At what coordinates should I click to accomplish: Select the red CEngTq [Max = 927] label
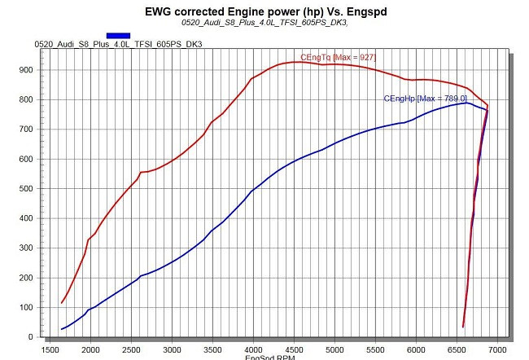click(339, 57)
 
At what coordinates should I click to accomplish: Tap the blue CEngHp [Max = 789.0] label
click(425, 98)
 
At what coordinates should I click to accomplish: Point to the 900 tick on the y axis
click(28, 70)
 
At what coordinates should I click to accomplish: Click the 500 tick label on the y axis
click(28, 189)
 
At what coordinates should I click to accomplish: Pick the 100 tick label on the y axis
click(28, 308)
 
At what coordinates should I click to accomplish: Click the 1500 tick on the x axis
click(50, 349)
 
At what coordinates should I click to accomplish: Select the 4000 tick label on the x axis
click(253, 349)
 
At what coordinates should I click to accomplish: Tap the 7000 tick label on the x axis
click(497, 349)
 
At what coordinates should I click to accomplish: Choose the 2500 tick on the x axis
click(131, 349)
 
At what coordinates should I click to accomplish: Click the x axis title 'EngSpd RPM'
click(269, 357)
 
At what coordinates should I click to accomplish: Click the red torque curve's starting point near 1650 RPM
click(62, 303)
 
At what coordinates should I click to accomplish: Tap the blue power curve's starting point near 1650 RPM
click(62, 329)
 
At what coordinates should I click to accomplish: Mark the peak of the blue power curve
click(466, 103)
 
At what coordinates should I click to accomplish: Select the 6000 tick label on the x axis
click(416, 349)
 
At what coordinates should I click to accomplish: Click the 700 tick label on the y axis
click(28, 130)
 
